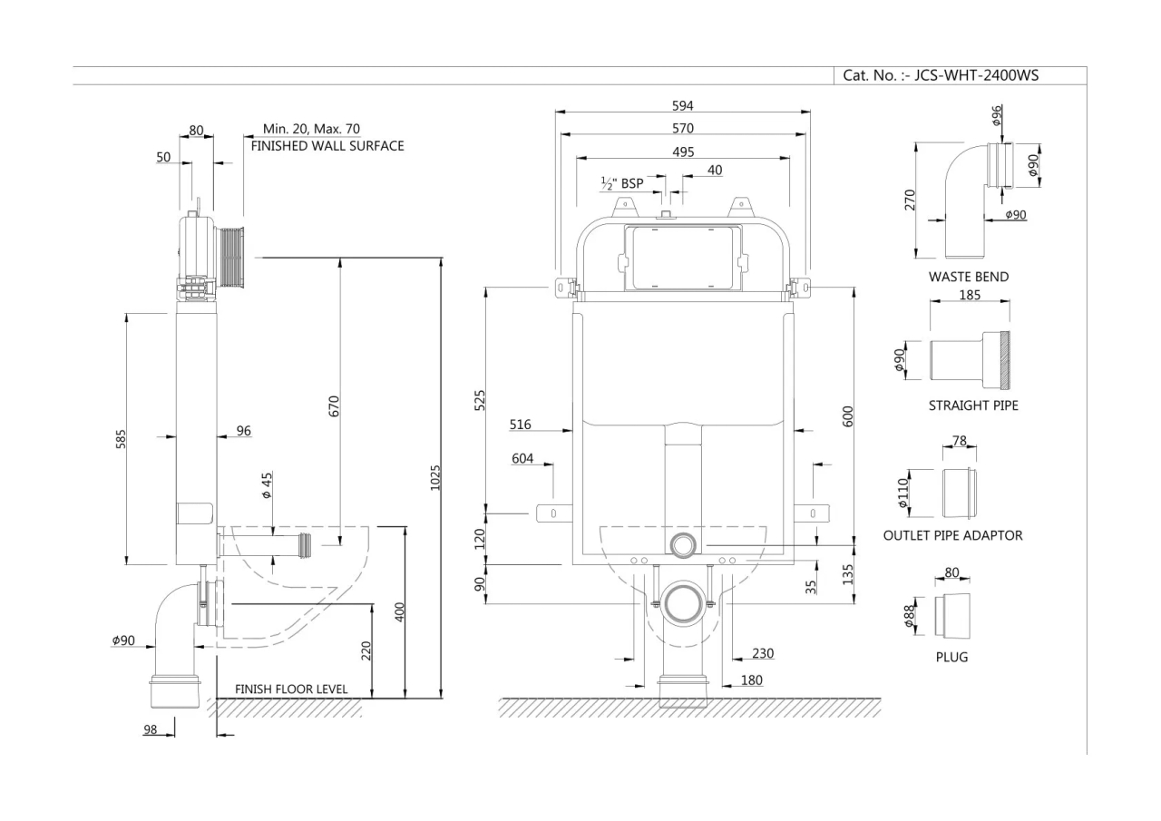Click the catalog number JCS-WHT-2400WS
[941, 75]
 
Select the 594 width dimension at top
[682, 106]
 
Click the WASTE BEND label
[968, 277]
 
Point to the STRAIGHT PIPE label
[972, 406]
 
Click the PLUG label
[951, 657]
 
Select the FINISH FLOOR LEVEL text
[291, 689]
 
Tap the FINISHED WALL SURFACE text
[327, 145]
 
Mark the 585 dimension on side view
[121, 438]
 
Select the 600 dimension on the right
[848, 416]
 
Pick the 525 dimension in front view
[480, 400]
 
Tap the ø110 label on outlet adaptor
[902, 494]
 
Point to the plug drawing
[952, 614]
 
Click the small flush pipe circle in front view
[683, 544]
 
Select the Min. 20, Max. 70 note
[311, 129]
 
